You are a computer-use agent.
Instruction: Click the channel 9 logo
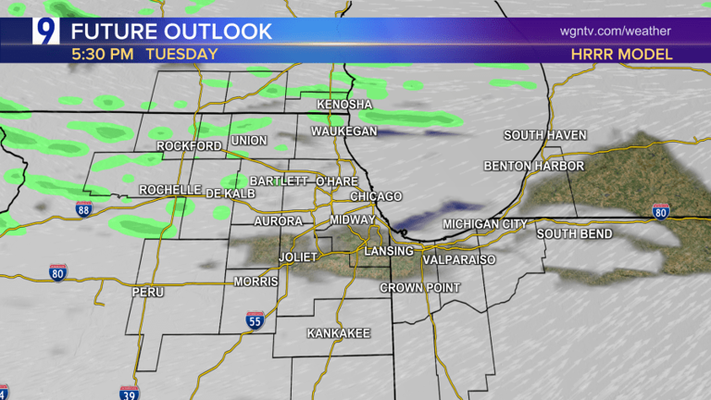point(45,31)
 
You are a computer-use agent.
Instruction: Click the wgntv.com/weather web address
point(615,31)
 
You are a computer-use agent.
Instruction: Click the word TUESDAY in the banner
point(181,54)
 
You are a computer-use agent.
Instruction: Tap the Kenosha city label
point(343,105)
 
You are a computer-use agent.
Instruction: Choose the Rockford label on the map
point(189,146)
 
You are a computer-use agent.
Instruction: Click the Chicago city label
point(376,196)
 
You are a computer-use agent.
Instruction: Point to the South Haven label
point(545,135)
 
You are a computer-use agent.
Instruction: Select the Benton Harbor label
point(534,166)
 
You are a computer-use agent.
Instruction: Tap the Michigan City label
point(485,224)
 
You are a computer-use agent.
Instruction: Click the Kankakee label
point(338,332)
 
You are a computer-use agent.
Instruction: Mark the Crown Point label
point(420,288)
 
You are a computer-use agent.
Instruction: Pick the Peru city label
point(147,292)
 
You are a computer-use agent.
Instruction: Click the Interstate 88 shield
point(83,209)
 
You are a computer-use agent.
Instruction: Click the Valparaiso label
point(458,260)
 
